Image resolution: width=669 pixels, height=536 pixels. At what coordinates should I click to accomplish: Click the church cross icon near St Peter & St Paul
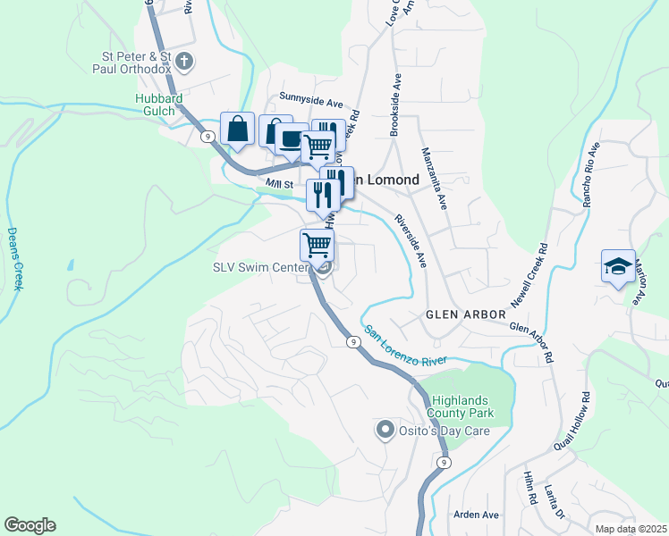185,62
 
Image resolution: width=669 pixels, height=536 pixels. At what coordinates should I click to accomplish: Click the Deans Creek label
14,258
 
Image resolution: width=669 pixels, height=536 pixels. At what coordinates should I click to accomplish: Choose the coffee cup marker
292,139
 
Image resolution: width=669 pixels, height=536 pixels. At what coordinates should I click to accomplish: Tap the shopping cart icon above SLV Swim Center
317,243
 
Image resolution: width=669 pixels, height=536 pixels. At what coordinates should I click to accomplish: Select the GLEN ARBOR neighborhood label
465,314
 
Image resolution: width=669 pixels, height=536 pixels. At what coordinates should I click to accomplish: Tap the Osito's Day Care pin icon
385,431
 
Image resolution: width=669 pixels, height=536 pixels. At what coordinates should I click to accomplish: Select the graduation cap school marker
618,266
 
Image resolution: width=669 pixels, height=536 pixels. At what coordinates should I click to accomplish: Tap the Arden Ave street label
476,515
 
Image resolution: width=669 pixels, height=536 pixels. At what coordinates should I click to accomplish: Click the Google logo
30,525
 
